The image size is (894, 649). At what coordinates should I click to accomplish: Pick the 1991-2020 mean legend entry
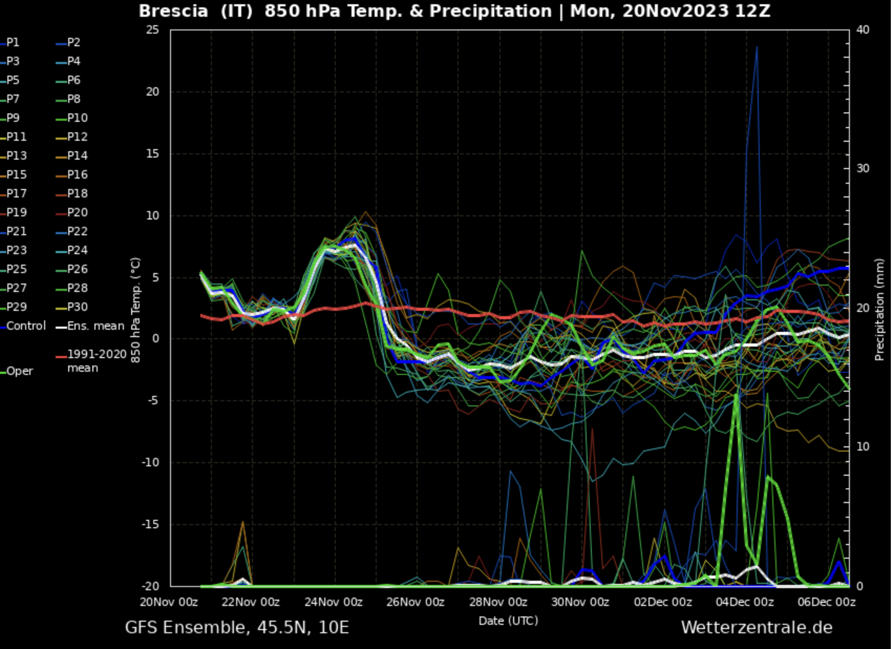click(97, 361)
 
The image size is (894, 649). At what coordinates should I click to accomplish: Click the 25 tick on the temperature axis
click(153, 30)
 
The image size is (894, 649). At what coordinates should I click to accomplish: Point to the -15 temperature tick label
click(151, 525)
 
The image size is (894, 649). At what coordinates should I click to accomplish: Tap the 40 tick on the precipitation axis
click(863, 30)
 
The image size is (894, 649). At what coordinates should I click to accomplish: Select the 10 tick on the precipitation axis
click(863, 447)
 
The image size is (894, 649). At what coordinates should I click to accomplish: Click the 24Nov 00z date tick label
click(334, 602)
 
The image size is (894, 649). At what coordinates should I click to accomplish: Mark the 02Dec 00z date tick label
click(663, 602)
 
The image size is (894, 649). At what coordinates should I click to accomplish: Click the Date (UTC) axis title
click(508, 621)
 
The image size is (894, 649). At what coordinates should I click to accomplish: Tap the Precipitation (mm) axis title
click(879, 309)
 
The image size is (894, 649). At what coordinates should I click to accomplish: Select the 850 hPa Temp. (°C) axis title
click(135, 310)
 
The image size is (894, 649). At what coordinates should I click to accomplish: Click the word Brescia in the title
click(173, 11)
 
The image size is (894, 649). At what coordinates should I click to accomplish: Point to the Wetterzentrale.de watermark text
click(757, 627)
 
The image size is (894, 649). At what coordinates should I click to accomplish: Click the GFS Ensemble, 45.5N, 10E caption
click(237, 627)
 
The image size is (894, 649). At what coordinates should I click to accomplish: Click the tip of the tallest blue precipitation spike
click(757, 47)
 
